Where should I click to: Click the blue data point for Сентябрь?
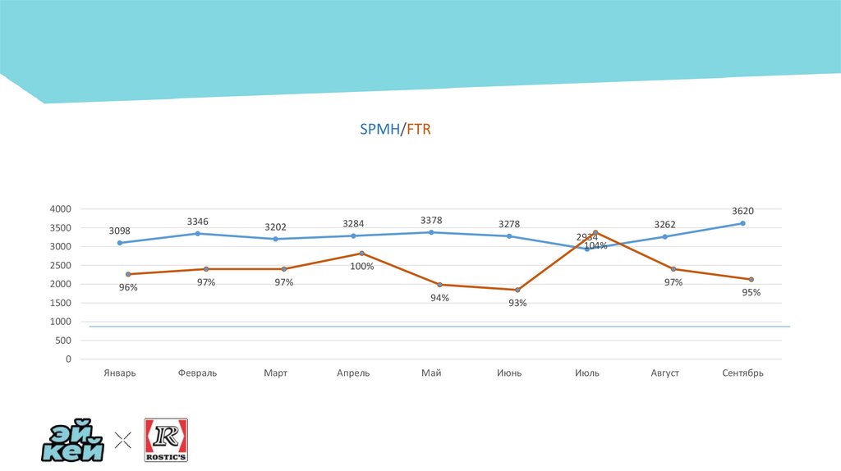coord(743,223)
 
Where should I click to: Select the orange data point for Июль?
coord(595,232)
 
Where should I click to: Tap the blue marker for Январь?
coord(120,243)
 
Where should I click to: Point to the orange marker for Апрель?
coord(361,254)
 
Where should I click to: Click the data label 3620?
coord(743,211)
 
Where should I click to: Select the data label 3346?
coord(198,222)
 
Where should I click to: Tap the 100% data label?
coord(362,267)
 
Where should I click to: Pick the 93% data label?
coord(517,303)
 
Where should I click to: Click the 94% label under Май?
coord(439,298)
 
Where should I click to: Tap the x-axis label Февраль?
coord(198,373)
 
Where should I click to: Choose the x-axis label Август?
coord(665,373)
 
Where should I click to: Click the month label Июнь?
coord(509,373)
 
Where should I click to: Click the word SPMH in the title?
coord(379,130)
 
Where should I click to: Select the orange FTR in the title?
coord(418,130)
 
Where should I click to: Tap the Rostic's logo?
coord(166,440)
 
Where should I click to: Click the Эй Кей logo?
coord(74,441)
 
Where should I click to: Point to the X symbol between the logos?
coord(123,441)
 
